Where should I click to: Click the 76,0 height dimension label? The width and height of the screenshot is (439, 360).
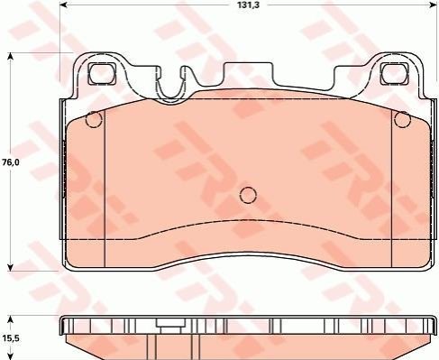coord(11,162)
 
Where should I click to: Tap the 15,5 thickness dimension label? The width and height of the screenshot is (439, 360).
coord(11,338)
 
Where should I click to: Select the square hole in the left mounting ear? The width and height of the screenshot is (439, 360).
coord(102,74)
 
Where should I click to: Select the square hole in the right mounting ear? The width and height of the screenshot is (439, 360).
coord(394,74)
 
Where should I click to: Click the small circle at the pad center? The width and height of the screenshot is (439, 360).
coord(248,195)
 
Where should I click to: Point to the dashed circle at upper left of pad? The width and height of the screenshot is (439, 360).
coord(94,119)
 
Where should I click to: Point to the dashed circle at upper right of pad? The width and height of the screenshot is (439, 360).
coord(402,119)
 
